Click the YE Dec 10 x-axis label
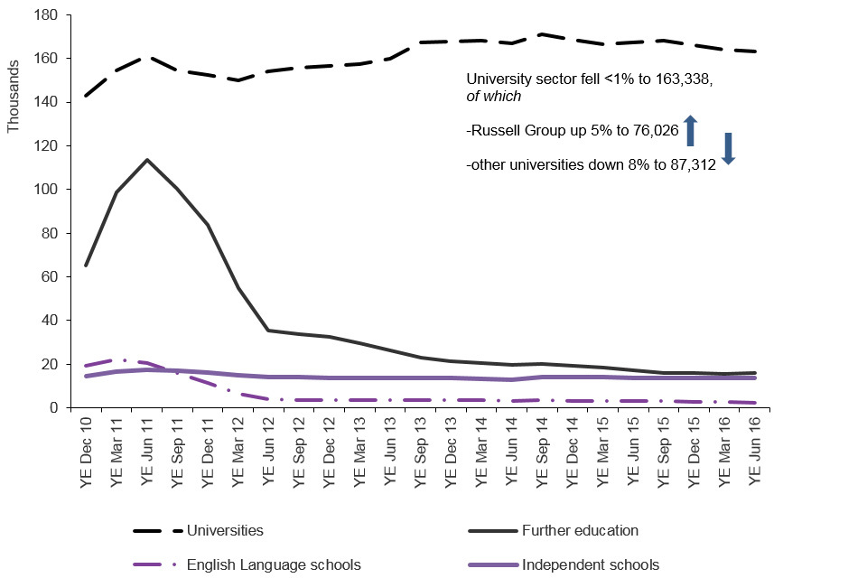click(87, 452)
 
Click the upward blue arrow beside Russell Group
click(690, 131)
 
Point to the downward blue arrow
click(729, 149)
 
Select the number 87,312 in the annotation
click(688, 165)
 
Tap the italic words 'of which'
click(493, 97)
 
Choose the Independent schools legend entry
click(592, 565)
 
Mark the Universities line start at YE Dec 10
click(87, 96)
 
